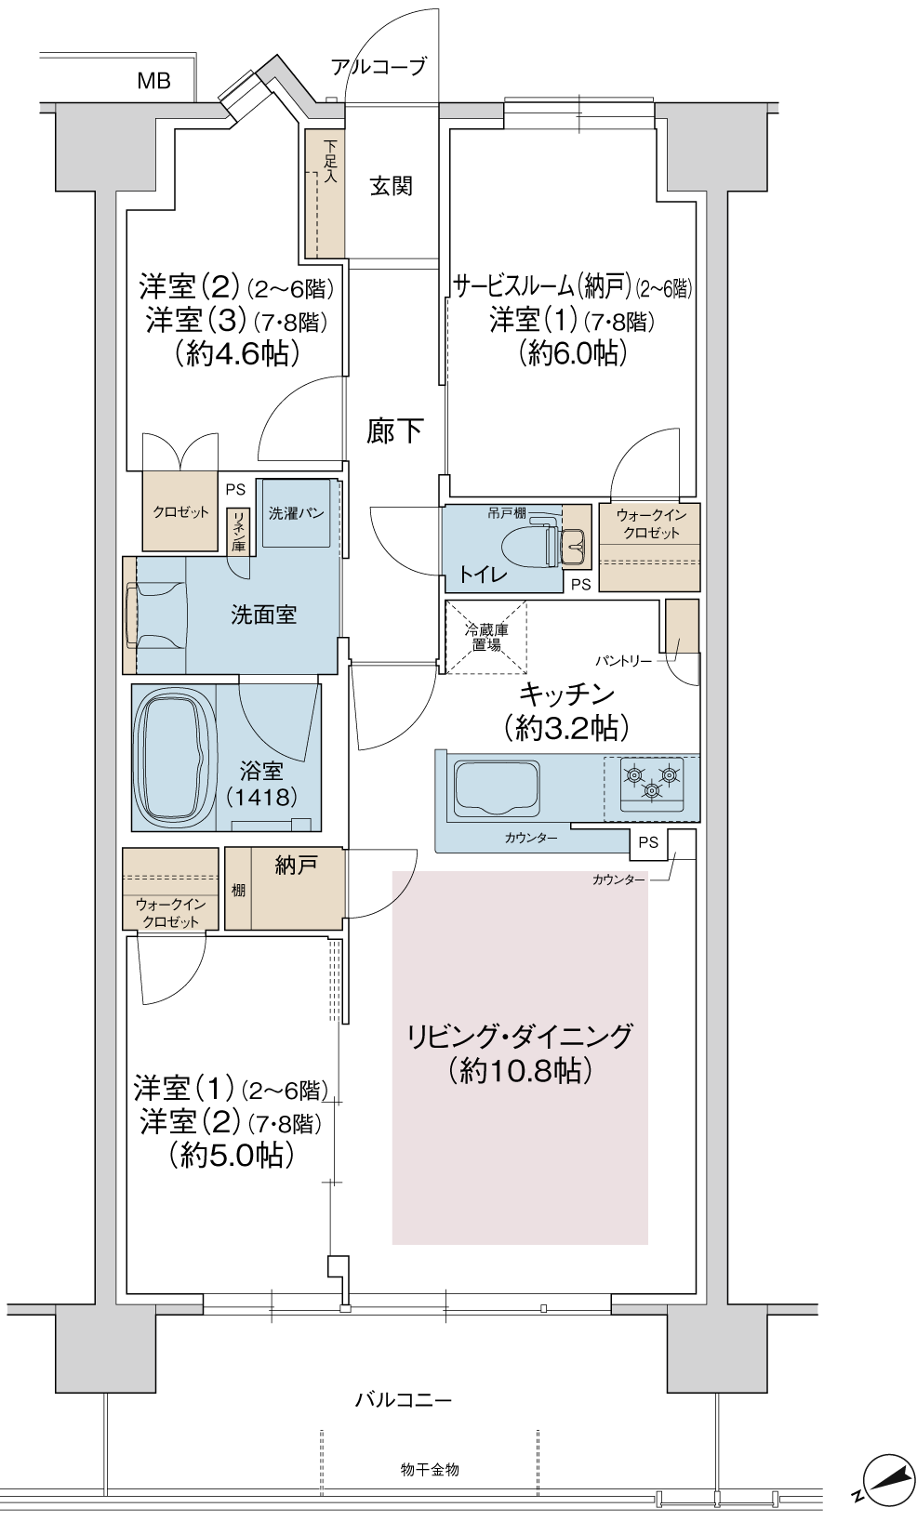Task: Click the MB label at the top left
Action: pyautogui.click(x=153, y=82)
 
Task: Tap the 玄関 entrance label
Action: pyautogui.click(x=391, y=186)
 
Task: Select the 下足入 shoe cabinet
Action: pyautogui.click(x=323, y=194)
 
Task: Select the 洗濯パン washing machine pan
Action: pyautogui.click(x=296, y=513)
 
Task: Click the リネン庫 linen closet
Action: pyautogui.click(x=238, y=531)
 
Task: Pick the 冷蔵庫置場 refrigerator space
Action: pyautogui.click(x=485, y=636)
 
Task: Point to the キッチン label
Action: pyautogui.click(x=566, y=694)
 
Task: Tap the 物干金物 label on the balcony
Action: pyautogui.click(x=430, y=1469)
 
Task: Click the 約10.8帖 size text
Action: pyautogui.click(x=519, y=1071)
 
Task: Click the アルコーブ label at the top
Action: pyautogui.click(x=379, y=66)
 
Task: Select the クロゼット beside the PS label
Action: pyautogui.click(x=180, y=510)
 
